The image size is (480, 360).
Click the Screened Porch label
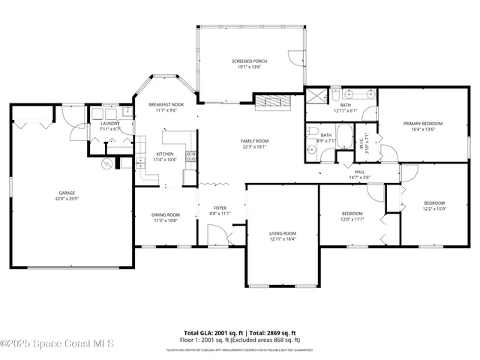249,61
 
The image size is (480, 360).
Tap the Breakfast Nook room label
166,104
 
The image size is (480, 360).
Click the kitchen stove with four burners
191,157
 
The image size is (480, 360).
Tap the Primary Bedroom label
423,123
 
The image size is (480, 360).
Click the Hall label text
359,171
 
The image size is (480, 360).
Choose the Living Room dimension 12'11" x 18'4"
283,238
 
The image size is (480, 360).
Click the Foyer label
220,208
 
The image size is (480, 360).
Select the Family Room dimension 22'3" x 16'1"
254,146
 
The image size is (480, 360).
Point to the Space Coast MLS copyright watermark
58,344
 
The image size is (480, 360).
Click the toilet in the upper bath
337,94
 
